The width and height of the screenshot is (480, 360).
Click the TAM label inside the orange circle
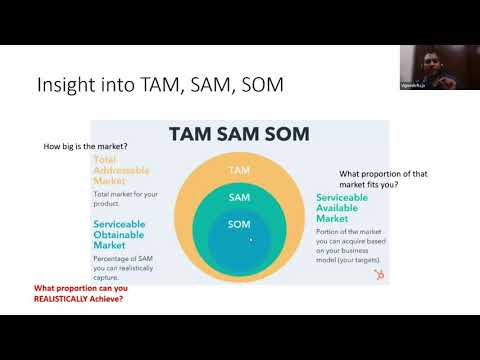(x=239, y=170)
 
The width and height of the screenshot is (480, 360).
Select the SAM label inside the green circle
(x=239, y=198)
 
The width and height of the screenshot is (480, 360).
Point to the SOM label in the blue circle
(x=239, y=224)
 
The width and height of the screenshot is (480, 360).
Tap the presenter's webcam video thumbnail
(x=425, y=69)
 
